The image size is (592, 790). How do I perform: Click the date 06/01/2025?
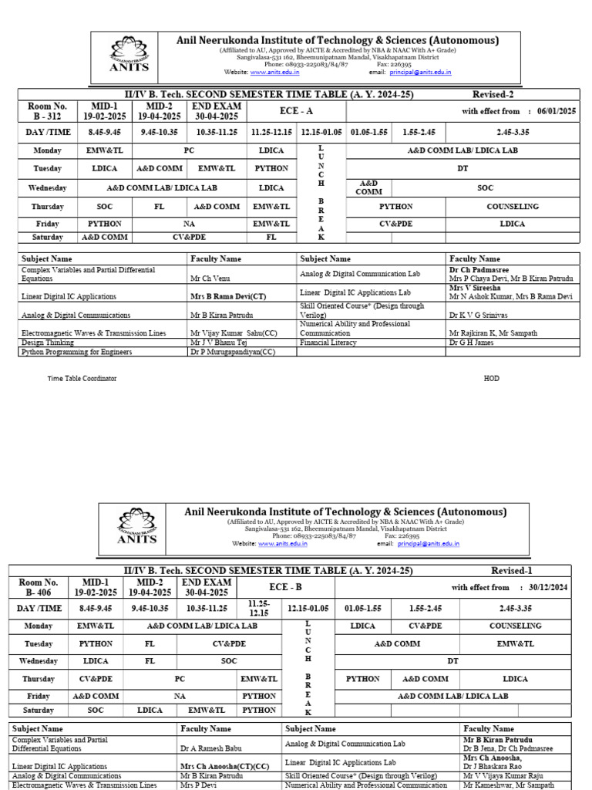tap(557, 111)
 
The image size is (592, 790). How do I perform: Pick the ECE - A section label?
tap(296, 111)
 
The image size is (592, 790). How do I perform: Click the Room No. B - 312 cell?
tap(48, 111)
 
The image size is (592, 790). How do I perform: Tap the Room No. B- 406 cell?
tap(39, 587)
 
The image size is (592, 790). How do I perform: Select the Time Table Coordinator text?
tap(82, 379)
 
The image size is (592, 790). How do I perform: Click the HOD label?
tap(491, 379)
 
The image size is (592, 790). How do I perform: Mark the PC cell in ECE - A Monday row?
tap(190, 151)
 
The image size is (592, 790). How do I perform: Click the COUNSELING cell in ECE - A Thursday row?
tap(513, 207)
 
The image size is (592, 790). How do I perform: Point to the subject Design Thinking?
tap(48, 342)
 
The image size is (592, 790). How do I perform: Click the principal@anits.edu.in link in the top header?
tap(420, 73)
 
